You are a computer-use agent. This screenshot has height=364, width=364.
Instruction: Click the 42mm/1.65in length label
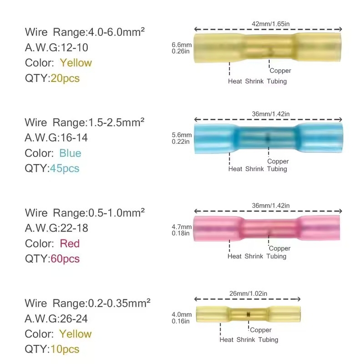point(271,24)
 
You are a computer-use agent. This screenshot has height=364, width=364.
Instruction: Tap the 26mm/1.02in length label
point(248,293)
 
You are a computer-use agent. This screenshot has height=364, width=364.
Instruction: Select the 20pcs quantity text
point(65,78)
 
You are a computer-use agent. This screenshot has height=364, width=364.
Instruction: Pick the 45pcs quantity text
point(65,168)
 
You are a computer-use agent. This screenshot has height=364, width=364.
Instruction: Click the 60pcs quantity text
point(65,259)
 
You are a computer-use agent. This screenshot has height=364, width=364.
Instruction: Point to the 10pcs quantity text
point(65,349)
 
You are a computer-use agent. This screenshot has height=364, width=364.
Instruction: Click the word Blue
point(70,153)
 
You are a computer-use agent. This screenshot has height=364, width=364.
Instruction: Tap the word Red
point(70,243)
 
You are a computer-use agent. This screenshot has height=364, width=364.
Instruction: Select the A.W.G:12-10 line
point(56,48)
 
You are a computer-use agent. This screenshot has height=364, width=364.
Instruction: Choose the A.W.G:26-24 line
point(56,319)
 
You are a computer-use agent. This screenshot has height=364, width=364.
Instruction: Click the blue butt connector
point(268,138)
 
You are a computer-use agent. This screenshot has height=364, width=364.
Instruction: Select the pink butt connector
point(267,228)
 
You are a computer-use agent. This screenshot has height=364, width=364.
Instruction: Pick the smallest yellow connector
point(248,314)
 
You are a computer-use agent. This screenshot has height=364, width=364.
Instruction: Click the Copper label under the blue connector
point(278,162)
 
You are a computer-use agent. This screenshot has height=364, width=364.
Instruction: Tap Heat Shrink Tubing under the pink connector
point(257,256)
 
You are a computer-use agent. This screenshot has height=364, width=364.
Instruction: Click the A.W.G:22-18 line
point(56,228)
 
